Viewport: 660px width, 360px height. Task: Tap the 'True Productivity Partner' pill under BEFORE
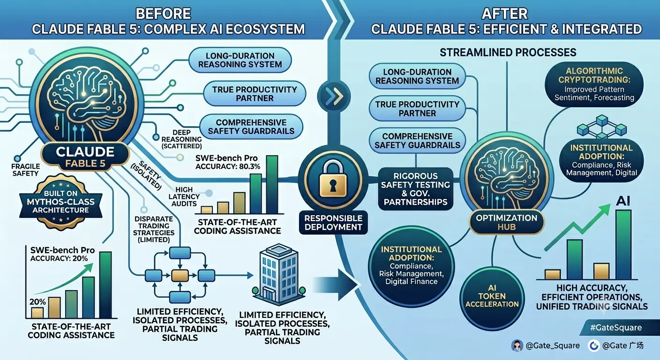(x=255, y=94)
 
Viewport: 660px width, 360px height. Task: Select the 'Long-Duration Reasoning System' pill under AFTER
(x=417, y=76)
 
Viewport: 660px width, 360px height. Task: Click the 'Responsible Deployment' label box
(x=333, y=223)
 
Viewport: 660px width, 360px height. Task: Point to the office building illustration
(x=278, y=274)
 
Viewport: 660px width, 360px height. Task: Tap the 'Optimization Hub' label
(x=507, y=222)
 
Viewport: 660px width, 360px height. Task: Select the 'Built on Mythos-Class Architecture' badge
(x=60, y=202)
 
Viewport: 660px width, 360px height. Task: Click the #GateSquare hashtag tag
(x=616, y=328)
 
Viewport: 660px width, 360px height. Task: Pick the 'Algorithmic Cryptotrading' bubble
(x=594, y=84)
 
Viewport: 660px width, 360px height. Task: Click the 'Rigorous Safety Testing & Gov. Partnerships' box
(x=415, y=189)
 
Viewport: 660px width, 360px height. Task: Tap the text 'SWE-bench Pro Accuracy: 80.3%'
(x=228, y=162)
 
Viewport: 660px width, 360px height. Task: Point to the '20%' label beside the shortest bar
(x=37, y=302)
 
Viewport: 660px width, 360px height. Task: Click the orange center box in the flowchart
(x=180, y=276)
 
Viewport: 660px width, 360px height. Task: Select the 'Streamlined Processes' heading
(x=508, y=52)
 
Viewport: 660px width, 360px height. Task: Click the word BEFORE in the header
(x=163, y=14)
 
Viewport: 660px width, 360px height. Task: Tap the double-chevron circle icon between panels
(x=334, y=97)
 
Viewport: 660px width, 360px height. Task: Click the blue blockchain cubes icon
(x=602, y=127)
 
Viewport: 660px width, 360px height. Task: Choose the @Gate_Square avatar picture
(x=517, y=345)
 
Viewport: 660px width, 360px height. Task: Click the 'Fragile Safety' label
(x=25, y=170)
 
